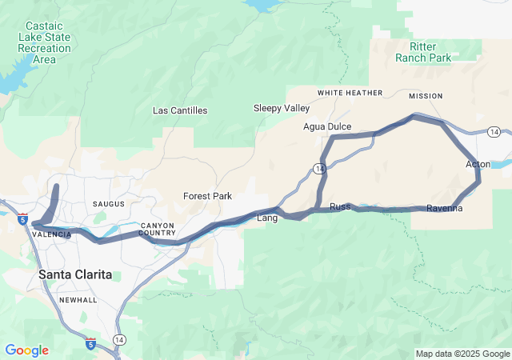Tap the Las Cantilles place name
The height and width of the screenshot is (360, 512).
tap(180, 110)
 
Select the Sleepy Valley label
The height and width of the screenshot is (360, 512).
tap(281, 108)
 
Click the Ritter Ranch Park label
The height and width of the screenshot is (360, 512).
tap(423, 52)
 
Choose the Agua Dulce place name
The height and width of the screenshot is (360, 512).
tap(327, 126)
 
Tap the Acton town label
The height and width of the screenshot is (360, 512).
tap(478, 164)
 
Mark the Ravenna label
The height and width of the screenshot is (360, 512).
tap(444, 209)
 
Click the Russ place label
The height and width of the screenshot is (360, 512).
tap(340, 206)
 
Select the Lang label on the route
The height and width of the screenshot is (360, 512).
tap(266, 218)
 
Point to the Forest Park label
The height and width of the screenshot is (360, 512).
tap(207, 196)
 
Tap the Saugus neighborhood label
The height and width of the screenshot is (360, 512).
tap(110, 205)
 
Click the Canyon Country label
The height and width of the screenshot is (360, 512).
tap(157, 229)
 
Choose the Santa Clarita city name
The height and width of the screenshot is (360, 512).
tap(75, 274)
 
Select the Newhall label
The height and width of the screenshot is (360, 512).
tap(79, 300)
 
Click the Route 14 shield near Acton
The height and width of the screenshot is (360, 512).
tap(494, 131)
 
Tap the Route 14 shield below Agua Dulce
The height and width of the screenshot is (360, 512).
tap(319, 168)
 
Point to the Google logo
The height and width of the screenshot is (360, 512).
tap(26, 350)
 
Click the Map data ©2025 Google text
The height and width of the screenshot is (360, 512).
tap(462, 354)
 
